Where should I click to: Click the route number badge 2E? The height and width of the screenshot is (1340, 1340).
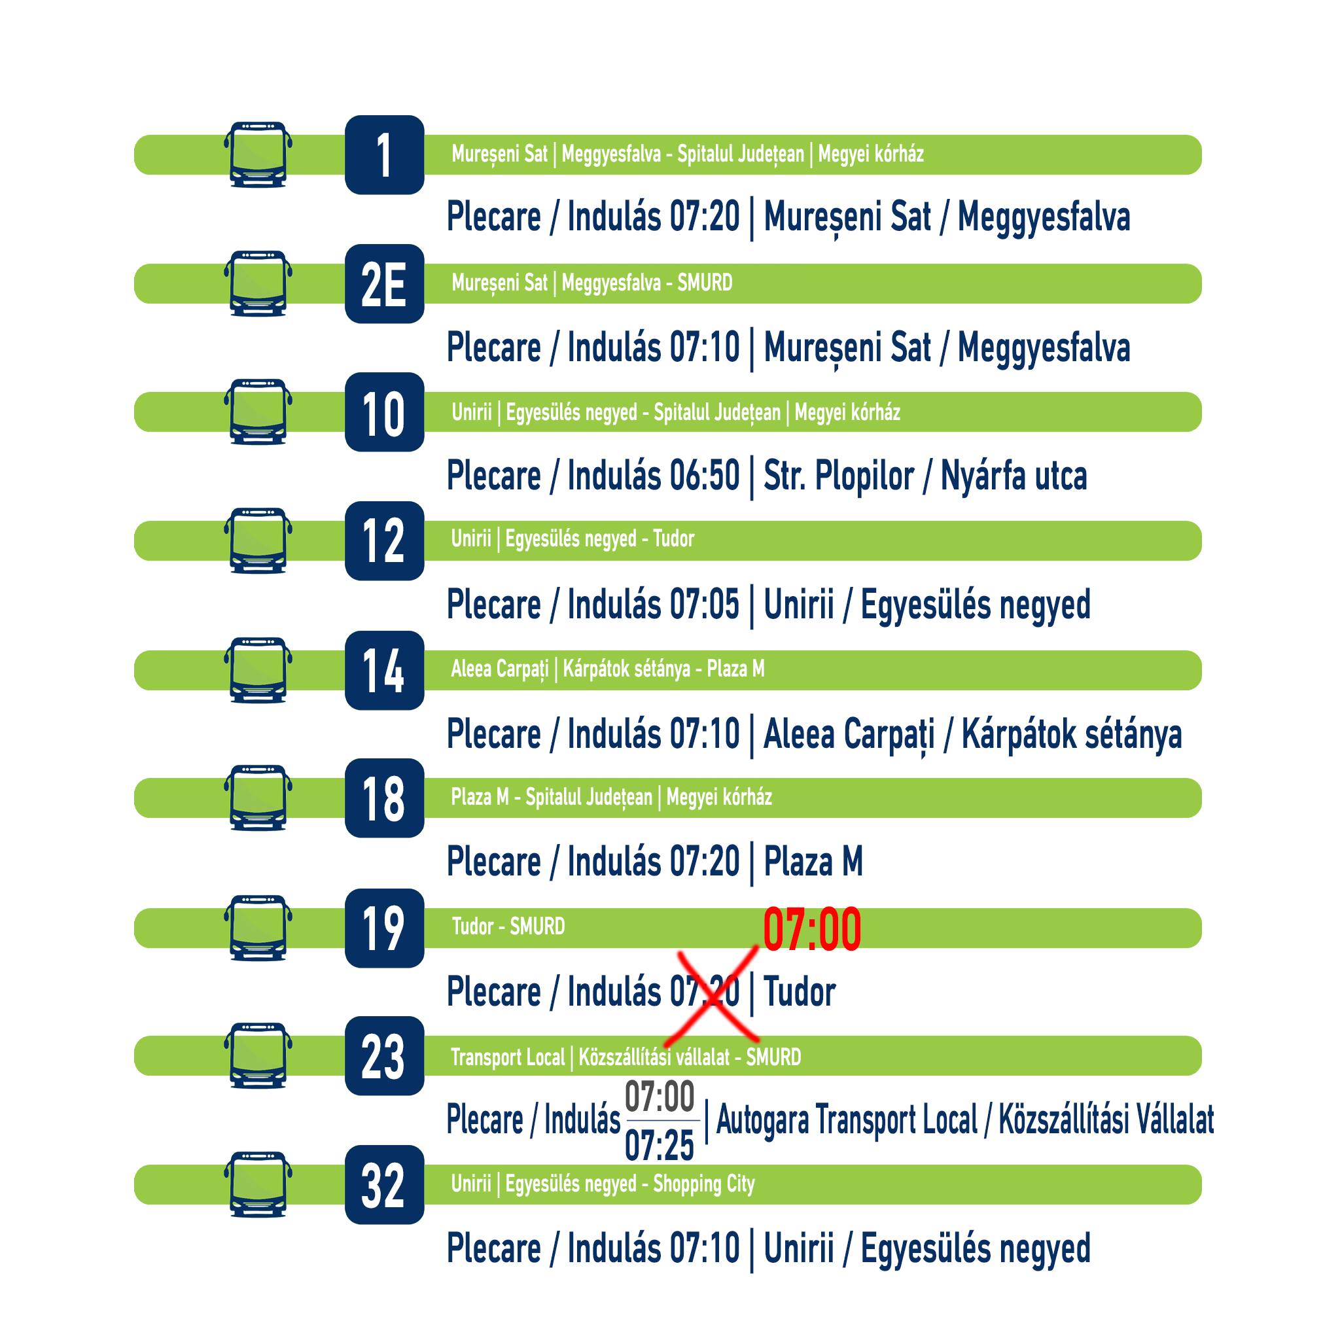click(384, 284)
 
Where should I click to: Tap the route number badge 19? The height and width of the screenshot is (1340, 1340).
click(384, 928)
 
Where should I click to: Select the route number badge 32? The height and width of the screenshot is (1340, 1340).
click(384, 1185)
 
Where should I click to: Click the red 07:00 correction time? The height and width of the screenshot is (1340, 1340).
click(812, 929)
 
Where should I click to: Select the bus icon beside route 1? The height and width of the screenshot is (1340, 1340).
click(258, 154)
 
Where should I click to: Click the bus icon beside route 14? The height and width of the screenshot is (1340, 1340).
click(258, 670)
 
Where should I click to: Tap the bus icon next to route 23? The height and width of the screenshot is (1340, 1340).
click(258, 1055)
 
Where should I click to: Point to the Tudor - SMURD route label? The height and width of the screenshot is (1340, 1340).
click(508, 926)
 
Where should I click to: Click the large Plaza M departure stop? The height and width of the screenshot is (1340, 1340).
click(813, 862)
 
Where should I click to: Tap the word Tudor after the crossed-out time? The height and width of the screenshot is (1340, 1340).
click(800, 992)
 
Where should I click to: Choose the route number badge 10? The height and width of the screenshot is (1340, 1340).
click(384, 412)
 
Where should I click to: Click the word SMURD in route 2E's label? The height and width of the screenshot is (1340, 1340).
click(705, 283)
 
